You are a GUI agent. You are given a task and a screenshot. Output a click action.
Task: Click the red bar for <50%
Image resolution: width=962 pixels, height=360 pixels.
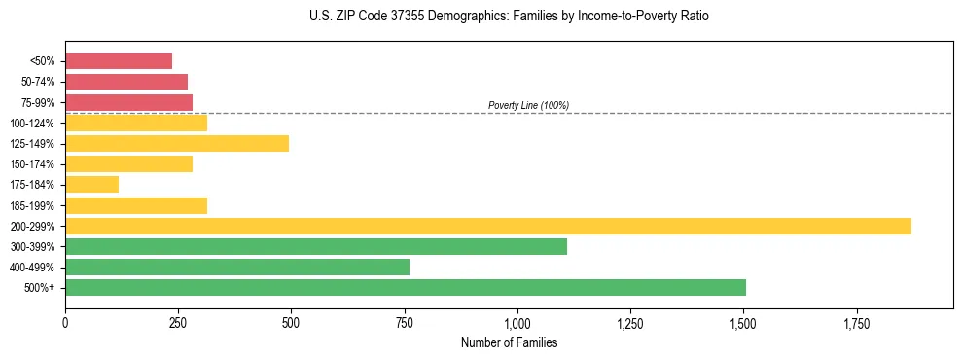[119, 61]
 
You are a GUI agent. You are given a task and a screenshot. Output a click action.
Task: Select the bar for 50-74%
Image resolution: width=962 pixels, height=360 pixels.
[126, 82]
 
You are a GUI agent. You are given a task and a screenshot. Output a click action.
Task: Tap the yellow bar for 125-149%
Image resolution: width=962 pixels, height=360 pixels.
[177, 144]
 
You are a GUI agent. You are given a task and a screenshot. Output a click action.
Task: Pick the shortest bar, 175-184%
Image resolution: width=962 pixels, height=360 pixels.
[91, 185]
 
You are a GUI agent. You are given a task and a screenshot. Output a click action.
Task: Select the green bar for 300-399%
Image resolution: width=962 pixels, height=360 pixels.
[316, 247]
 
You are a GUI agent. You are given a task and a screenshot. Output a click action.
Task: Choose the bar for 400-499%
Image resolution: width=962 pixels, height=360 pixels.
[237, 268]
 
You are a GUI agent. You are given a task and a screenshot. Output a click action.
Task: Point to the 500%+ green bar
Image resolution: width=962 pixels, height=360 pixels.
[406, 288]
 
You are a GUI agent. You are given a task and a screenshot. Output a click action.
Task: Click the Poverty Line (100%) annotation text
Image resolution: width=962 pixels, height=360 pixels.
[528, 105]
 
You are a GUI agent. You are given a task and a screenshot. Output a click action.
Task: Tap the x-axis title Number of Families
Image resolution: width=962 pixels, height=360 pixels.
[509, 343]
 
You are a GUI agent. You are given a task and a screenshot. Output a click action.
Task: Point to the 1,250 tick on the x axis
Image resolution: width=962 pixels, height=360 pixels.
[630, 322]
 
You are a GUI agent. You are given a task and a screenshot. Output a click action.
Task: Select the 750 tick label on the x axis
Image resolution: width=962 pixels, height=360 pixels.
[405, 322]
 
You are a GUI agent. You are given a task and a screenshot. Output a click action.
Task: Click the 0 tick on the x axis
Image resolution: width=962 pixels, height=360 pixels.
[65, 322]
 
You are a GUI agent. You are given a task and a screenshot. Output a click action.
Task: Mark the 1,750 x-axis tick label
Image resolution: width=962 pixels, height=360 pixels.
[856, 322]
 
